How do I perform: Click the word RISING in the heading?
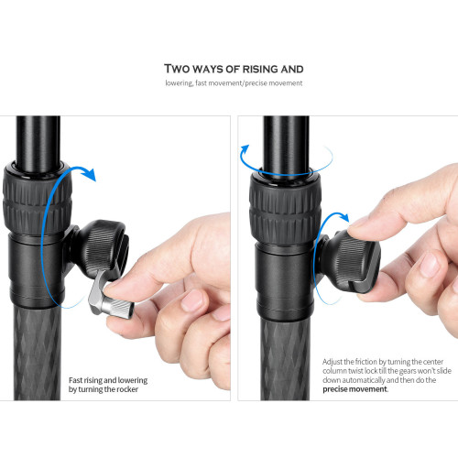click(260, 69)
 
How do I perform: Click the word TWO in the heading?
click(177, 69)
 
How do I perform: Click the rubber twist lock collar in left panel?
click(38, 199)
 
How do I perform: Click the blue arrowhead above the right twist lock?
click(245, 150)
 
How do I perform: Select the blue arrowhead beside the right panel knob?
click(343, 217)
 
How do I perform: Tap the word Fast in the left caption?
click(75, 380)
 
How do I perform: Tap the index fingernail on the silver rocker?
click(114, 286)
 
